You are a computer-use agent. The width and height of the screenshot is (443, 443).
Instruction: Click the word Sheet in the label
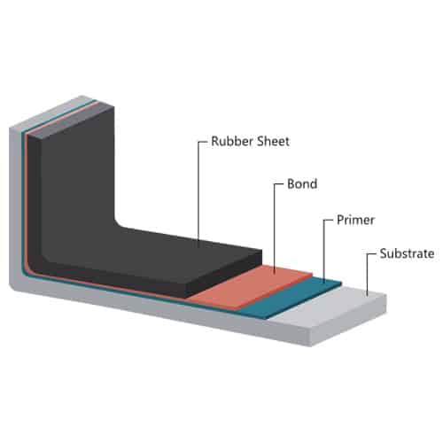point(273,141)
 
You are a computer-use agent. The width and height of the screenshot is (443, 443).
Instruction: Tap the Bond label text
point(302,183)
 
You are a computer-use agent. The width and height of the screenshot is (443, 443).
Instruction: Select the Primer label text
point(355,220)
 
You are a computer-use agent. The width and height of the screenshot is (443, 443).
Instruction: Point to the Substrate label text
point(407,253)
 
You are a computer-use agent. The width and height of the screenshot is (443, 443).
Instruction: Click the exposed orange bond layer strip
point(251,286)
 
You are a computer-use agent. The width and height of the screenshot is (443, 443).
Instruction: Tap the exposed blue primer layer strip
point(290,298)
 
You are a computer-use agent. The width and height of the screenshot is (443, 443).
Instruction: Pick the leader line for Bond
point(275,228)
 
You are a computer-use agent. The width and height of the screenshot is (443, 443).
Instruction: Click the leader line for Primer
point(324,251)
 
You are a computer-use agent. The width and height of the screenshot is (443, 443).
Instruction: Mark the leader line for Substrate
point(367,273)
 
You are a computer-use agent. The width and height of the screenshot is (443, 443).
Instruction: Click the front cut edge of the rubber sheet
point(223,273)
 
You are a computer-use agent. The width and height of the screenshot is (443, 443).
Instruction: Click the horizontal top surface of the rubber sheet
point(153,255)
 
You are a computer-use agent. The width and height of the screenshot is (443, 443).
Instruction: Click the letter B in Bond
point(291,183)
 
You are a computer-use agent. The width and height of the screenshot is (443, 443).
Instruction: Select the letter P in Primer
point(340,220)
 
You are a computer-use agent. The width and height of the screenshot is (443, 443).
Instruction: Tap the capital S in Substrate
point(384,253)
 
